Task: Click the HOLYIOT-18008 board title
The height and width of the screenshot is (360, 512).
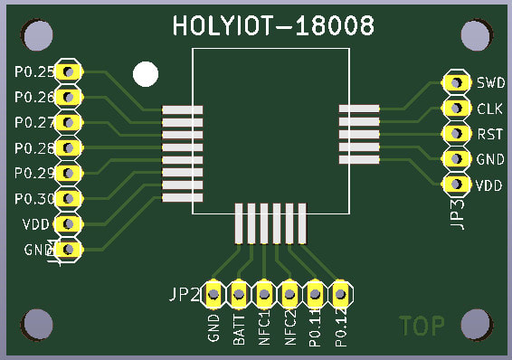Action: click(273, 27)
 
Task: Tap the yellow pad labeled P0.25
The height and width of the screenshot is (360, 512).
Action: click(67, 71)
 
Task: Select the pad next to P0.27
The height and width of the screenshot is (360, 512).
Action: click(67, 122)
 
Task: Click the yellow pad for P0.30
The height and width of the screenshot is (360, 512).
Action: click(67, 198)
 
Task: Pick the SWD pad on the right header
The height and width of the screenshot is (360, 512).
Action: click(450, 82)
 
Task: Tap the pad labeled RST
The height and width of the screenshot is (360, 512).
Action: click(450, 134)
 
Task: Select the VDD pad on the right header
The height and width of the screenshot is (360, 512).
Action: click(450, 185)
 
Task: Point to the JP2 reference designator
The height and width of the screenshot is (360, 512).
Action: click(184, 294)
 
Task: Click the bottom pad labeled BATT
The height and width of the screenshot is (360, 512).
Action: click(239, 293)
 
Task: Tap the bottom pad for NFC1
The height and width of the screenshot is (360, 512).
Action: click(264, 293)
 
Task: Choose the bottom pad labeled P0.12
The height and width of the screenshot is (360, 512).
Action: click(340, 293)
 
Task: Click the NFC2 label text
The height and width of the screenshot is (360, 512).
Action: click(290, 327)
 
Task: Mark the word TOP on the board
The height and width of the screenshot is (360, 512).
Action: click(422, 327)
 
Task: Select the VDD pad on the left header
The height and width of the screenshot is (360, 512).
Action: click(67, 223)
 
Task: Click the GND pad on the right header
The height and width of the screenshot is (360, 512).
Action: click(450, 159)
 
